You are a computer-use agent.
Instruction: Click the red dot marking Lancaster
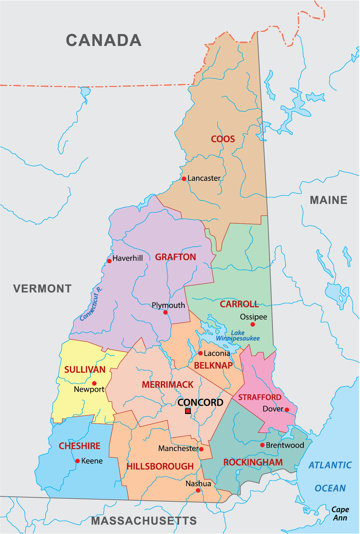coord(184,179)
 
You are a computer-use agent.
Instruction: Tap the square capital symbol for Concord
coord(188,411)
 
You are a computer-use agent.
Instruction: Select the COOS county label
coord(223,139)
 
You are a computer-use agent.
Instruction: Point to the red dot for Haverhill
coord(109,261)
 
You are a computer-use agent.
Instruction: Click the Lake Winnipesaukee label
coord(238,336)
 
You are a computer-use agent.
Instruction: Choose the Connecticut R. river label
coord(91,304)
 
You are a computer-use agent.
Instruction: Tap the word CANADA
coord(104,40)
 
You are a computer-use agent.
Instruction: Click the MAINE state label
coord(329,200)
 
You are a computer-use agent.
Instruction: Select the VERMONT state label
coord(42,289)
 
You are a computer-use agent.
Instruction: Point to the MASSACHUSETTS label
coord(144,521)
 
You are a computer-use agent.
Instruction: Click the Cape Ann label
coord(340,513)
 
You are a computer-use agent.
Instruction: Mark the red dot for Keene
coord(77,461)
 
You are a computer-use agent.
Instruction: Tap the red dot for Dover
coord(287,410)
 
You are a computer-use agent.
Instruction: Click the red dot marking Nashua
coord(198,490)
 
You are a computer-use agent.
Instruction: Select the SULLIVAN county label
coord(85,370)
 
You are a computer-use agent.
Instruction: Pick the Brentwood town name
coord(285,445)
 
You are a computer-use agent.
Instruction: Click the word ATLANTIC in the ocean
coord(330,465)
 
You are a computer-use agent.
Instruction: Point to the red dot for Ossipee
coord(253,324)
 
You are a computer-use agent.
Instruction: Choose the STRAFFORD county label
coord(260,397)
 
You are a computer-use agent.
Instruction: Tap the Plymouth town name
coord(168,305)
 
